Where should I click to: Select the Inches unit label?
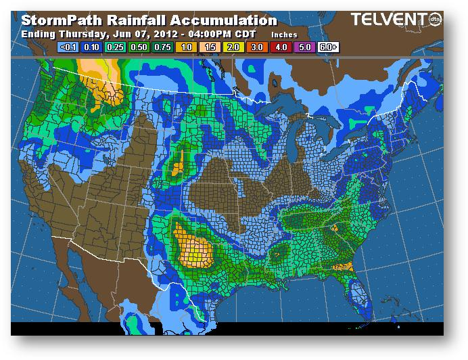[283, 33]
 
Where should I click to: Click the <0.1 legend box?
[68, 47]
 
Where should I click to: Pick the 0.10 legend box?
[91, 47]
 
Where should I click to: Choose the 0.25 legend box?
[116, 47]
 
